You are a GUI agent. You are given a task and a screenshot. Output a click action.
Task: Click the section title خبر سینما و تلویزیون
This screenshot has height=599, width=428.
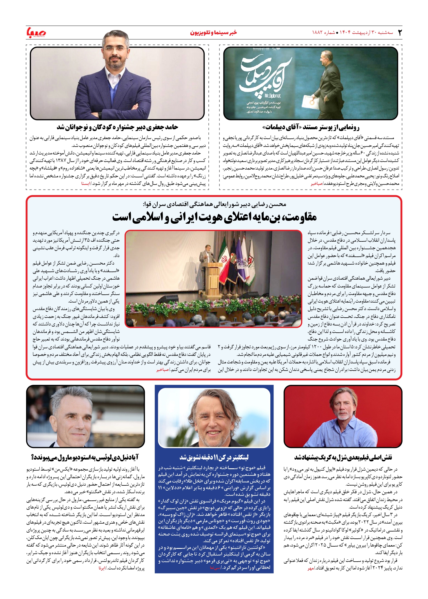pyautogui.click(x=214, y=32)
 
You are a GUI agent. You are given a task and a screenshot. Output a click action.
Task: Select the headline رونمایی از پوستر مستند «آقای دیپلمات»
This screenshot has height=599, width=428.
pyautogui.click(x=311, y=127)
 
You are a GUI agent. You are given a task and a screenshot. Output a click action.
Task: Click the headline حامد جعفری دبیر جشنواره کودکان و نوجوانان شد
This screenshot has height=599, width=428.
pyautogui.click(x=117, y=127)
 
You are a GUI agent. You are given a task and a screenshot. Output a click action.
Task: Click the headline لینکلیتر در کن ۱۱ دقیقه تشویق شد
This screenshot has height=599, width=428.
pyautogui.click(x=214, y=458)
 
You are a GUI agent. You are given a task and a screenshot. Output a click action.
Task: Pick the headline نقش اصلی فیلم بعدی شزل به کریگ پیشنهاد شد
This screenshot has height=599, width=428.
pyautogui.click(x=343, y=458)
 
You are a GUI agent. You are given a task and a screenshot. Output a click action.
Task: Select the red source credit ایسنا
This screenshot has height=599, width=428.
pyautogui.click(x=86, y=183)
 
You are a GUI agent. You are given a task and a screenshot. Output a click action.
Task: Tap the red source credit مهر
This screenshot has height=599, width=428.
pyautogui.click(x=311, y=569)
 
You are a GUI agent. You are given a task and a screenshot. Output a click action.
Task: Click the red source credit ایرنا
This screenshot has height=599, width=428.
pyautogui.click(x=102, y=569)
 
